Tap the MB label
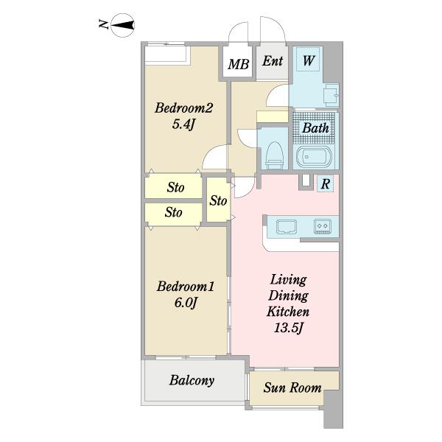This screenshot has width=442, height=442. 239,64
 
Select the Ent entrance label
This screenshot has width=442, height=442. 273,61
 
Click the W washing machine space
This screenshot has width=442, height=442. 308,60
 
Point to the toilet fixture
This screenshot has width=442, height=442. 274,155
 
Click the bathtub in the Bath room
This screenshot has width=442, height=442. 315,157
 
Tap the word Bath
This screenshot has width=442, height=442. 315,128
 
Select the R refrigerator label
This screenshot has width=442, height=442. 325,184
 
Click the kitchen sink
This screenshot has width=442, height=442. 286,227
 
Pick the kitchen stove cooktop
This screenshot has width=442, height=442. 323,226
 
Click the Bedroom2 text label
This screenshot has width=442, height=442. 183,108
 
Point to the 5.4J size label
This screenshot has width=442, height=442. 183,124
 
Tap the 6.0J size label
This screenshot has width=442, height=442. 185,303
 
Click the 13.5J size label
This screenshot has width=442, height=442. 288,328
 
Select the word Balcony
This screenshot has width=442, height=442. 192,381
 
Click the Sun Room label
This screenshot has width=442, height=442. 292,387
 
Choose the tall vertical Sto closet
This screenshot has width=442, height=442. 218,200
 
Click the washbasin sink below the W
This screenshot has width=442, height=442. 331,94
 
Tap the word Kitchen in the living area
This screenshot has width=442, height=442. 288,312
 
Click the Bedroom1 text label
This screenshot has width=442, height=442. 185,287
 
